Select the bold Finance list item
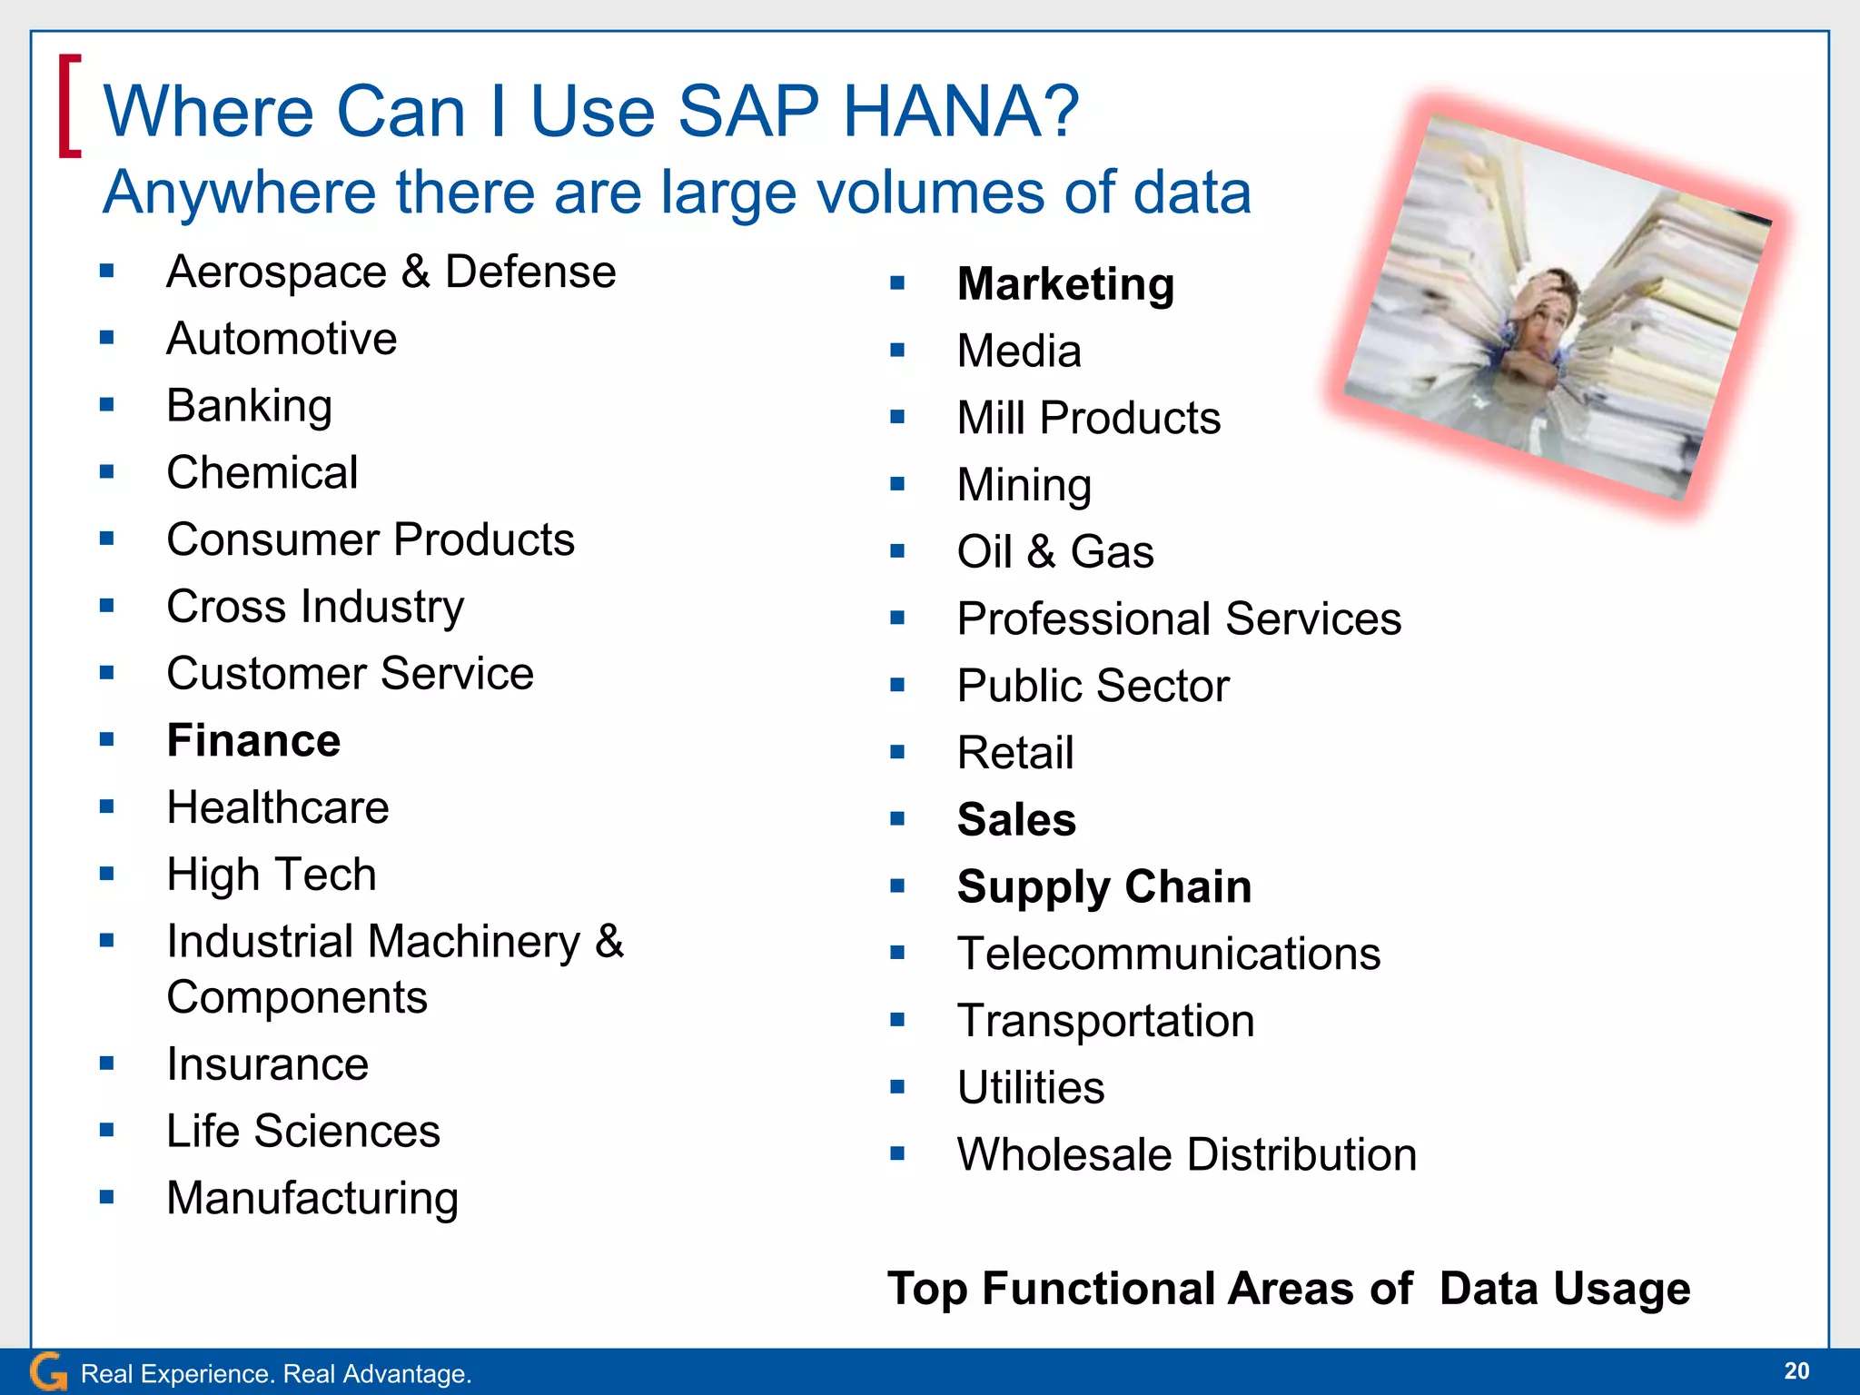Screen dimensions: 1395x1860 (x=253, y=740)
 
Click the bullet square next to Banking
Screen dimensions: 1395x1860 (x=107, y=405)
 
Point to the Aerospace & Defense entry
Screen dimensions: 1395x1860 (x=391, y=272)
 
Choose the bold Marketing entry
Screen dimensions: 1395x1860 (x=1065, y=284)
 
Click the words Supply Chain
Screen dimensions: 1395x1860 (x=1103, y=886)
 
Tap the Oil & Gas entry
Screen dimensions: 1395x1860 (x=1054, y=551)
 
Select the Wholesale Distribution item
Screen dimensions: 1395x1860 (x=1186, y=1154)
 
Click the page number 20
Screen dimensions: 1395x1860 (x=1796, y=1370)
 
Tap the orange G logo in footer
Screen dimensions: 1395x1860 (x=48, y=1371)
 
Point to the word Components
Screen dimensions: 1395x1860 (x=297, y=997)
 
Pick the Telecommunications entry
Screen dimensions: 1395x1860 (x=1168, y=954)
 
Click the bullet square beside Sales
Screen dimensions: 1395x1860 (x=897, y=818)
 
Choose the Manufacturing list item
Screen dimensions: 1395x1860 (x=312, y=1198)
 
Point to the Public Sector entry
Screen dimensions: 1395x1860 (x=1093, y=686)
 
